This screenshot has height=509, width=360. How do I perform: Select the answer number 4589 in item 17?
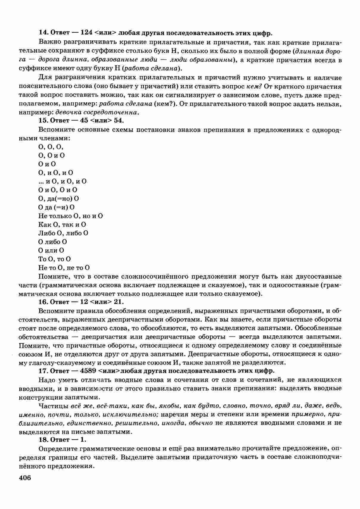pyautogui.click(x=87, y=371)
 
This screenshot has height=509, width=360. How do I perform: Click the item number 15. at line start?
pyautogui.click(x=43, y=120)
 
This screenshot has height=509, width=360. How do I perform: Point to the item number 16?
pyautogui.click(x=43, y=302)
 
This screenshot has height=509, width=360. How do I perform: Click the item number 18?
pyautogui.click(x=43, y=439)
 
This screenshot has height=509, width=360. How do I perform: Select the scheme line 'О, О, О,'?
pyautogui.click(x=51, y=147)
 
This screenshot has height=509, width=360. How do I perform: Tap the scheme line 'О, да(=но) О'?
pyautogui.click(x=59, y=199)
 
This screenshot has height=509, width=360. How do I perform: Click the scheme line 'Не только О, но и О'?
pyautogui.click(x=71, y=216)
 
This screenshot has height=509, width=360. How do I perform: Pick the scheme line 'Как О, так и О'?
pyautogui.click(x=62, y=224)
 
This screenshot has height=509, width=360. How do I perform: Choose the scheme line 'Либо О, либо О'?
pyautogui.click(x=63, y=233)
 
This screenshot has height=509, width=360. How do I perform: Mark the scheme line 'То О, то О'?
pyautogui.click(x=54, y=259)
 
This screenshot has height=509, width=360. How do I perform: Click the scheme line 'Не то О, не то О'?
pyautogui.click(x=64, y=268)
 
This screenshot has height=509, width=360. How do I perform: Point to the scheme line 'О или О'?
pyautogui.click(x=51, y=250)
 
